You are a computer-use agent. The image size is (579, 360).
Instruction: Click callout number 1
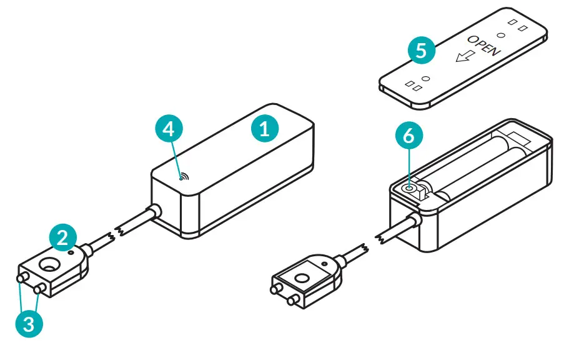pyautogui.click(x=265, y=129)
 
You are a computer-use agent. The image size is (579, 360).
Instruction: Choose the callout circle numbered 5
pyautogui.click(x=422, y=50)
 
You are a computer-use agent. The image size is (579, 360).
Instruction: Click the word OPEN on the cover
pyautogui.click(x=484, y=45)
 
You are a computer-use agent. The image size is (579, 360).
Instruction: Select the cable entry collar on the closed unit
pyautogui.click(x=152, y=212)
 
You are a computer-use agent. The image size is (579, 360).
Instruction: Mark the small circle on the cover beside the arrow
pyautogui.click(x=427, y=79)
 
